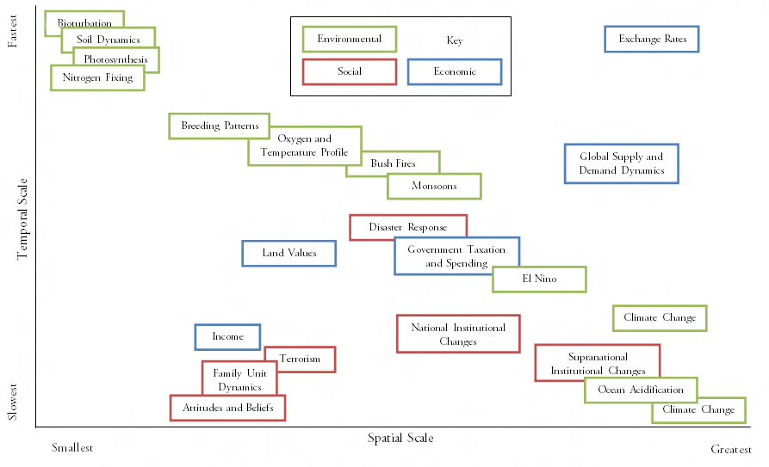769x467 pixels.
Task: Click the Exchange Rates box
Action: (x=651, y=39)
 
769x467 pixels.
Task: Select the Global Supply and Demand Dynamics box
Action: (x=621, y=163)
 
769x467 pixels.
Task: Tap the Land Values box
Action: (x=288, y=253)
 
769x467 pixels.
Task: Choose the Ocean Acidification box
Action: (x=640, y=390)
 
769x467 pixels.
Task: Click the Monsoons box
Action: (x=434, y=186)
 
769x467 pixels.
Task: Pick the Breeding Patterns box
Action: (x=219, y=126)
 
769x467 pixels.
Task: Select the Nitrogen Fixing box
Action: (x=97, y=77)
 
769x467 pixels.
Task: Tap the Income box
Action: (x=227, y=337)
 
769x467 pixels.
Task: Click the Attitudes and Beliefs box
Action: (x=227, y=407)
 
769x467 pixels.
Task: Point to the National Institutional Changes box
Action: (x=457, y=334)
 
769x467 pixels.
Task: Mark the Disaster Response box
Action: (x=407, y=227)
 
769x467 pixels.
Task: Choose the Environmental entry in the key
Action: (x=349, y=39)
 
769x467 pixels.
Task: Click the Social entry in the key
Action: (x=349, y=71)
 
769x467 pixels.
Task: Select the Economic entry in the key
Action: (x=454, y=71)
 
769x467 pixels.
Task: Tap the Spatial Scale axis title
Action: (x=400, y=438)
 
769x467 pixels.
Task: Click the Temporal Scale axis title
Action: (x=22, y=219)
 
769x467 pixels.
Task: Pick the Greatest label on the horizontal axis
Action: (x=731, y=449)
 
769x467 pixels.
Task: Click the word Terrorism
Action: (x=300, y=359)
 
